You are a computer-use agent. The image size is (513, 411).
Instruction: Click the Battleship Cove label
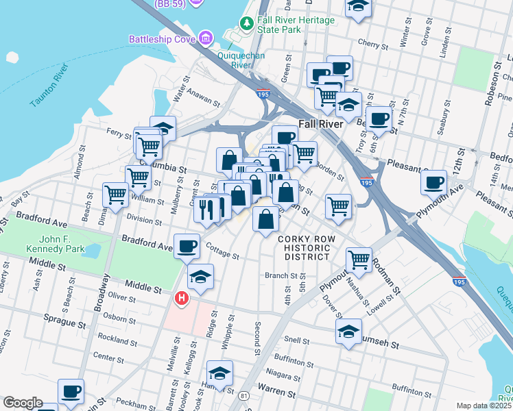(162, 39)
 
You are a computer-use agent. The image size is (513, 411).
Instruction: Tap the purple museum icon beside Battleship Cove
(205, 37)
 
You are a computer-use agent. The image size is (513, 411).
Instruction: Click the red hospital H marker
(182, 299)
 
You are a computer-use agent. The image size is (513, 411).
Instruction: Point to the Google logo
(23, 403)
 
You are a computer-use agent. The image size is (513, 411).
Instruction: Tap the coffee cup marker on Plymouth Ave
(434, 183)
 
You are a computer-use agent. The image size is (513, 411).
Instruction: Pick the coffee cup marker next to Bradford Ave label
(186, 245)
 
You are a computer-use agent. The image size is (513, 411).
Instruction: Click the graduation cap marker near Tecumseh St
(348, 331)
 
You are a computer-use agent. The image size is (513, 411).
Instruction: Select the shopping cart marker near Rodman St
(359, 260)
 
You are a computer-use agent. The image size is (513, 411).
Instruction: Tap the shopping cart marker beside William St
(115, 195)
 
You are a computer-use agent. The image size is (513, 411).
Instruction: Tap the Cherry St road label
(373, 42)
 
